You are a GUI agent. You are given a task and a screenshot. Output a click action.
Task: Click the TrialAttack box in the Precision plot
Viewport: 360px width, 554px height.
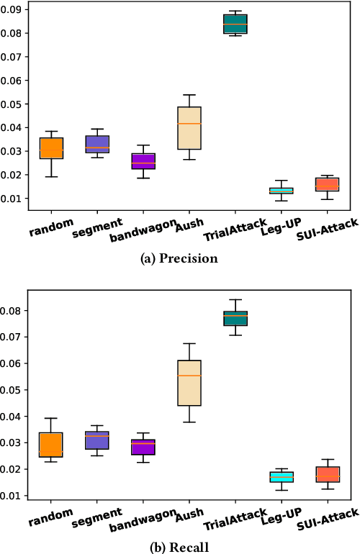click(x=234, y=24)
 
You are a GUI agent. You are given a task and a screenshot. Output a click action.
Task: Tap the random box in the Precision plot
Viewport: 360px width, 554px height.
click(x=51, y=147)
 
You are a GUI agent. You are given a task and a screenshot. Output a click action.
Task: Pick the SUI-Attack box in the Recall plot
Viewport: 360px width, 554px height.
click(x=328, y=474)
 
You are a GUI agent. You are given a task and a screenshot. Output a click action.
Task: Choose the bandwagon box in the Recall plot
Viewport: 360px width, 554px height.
click(x=143, y=447)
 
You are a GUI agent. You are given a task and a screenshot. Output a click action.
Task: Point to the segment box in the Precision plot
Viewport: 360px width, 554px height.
click(x=97, y=144)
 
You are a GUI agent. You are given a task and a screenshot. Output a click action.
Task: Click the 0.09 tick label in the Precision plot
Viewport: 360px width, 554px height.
click(x=12, y=10)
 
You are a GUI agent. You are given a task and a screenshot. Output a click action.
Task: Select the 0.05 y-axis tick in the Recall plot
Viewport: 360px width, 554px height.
click(x=12, y=390)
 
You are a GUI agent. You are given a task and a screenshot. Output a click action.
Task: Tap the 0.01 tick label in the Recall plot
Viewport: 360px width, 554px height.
click(x=12, y=496)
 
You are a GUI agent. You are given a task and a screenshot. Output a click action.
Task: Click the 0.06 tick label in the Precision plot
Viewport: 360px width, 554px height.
click(x=12, y=81)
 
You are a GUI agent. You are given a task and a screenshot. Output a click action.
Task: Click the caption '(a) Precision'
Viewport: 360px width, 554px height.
click(x=179, y=259)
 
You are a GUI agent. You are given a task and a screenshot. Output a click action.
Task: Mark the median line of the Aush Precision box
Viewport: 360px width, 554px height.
click(x=189, y=124)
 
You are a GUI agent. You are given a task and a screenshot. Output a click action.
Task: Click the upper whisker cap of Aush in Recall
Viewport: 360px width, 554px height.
click(x=189, y=344)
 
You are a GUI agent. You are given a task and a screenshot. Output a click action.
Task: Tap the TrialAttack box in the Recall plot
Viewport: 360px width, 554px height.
click(x=235, y=318)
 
